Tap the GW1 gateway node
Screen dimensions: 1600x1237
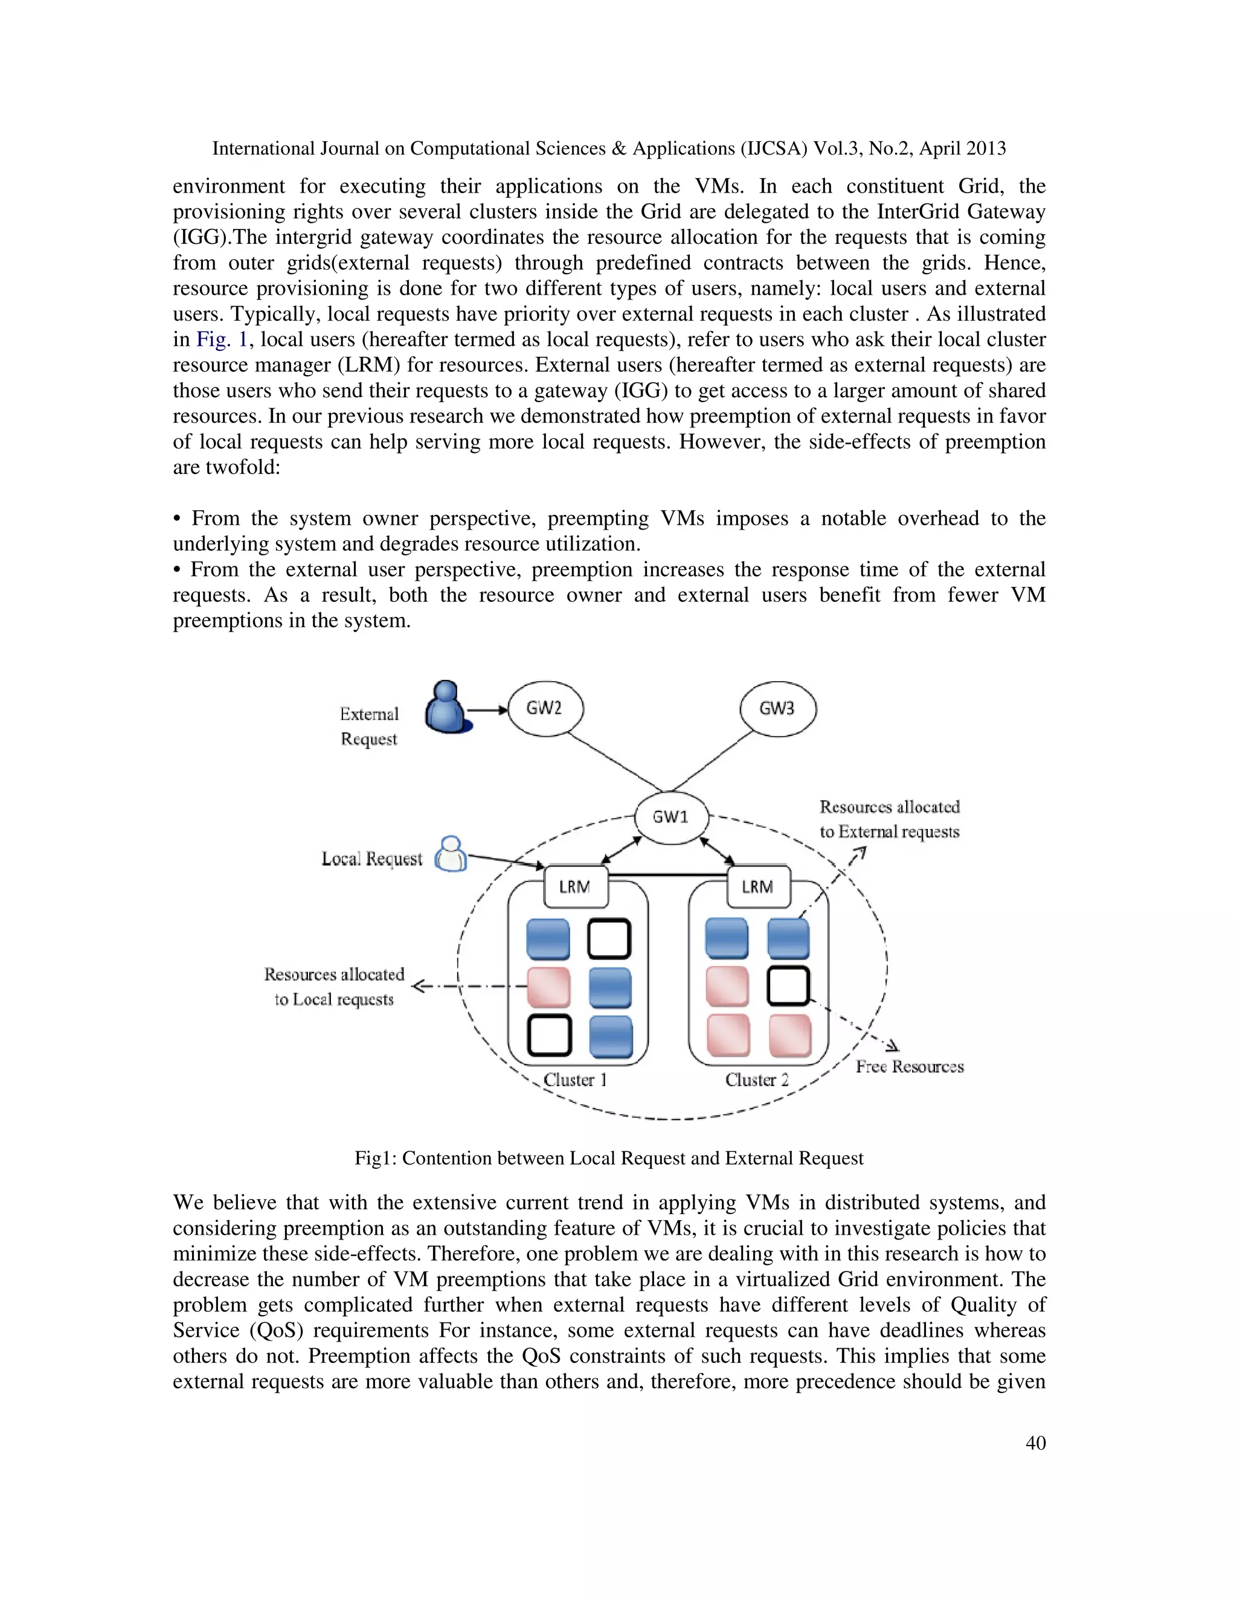pyautogui.click(x=670, y=817)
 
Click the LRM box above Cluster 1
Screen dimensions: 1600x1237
pyautogui.click(x=574, y=886)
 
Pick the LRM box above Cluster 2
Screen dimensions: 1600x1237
pyautogui.click(x=758, y=886)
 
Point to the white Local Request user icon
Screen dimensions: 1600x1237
pyautogui.click(x=451, y=855)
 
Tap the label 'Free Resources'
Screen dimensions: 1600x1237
pyautogui.click(x=910, y=1067)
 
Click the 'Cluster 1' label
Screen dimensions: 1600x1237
pyautogui.click(x=574, y=1080)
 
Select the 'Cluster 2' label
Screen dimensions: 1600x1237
pyautogui.click(x=757, y=1080)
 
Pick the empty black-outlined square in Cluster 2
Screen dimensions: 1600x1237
pyautogui.click(x=788, y=986)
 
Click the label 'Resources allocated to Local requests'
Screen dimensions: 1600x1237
pyautogui.click(x=334, y=987)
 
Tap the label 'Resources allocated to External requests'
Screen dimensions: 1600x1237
pyautogui.click(x=889, y=819)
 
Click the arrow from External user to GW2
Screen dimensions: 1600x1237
pyautogui.click(x=487, y=710)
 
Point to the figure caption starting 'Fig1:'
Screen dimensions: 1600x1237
pyautogui.click(x=608, y=1158)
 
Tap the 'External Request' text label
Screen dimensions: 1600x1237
pyautogui.click(x=369, y=726)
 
